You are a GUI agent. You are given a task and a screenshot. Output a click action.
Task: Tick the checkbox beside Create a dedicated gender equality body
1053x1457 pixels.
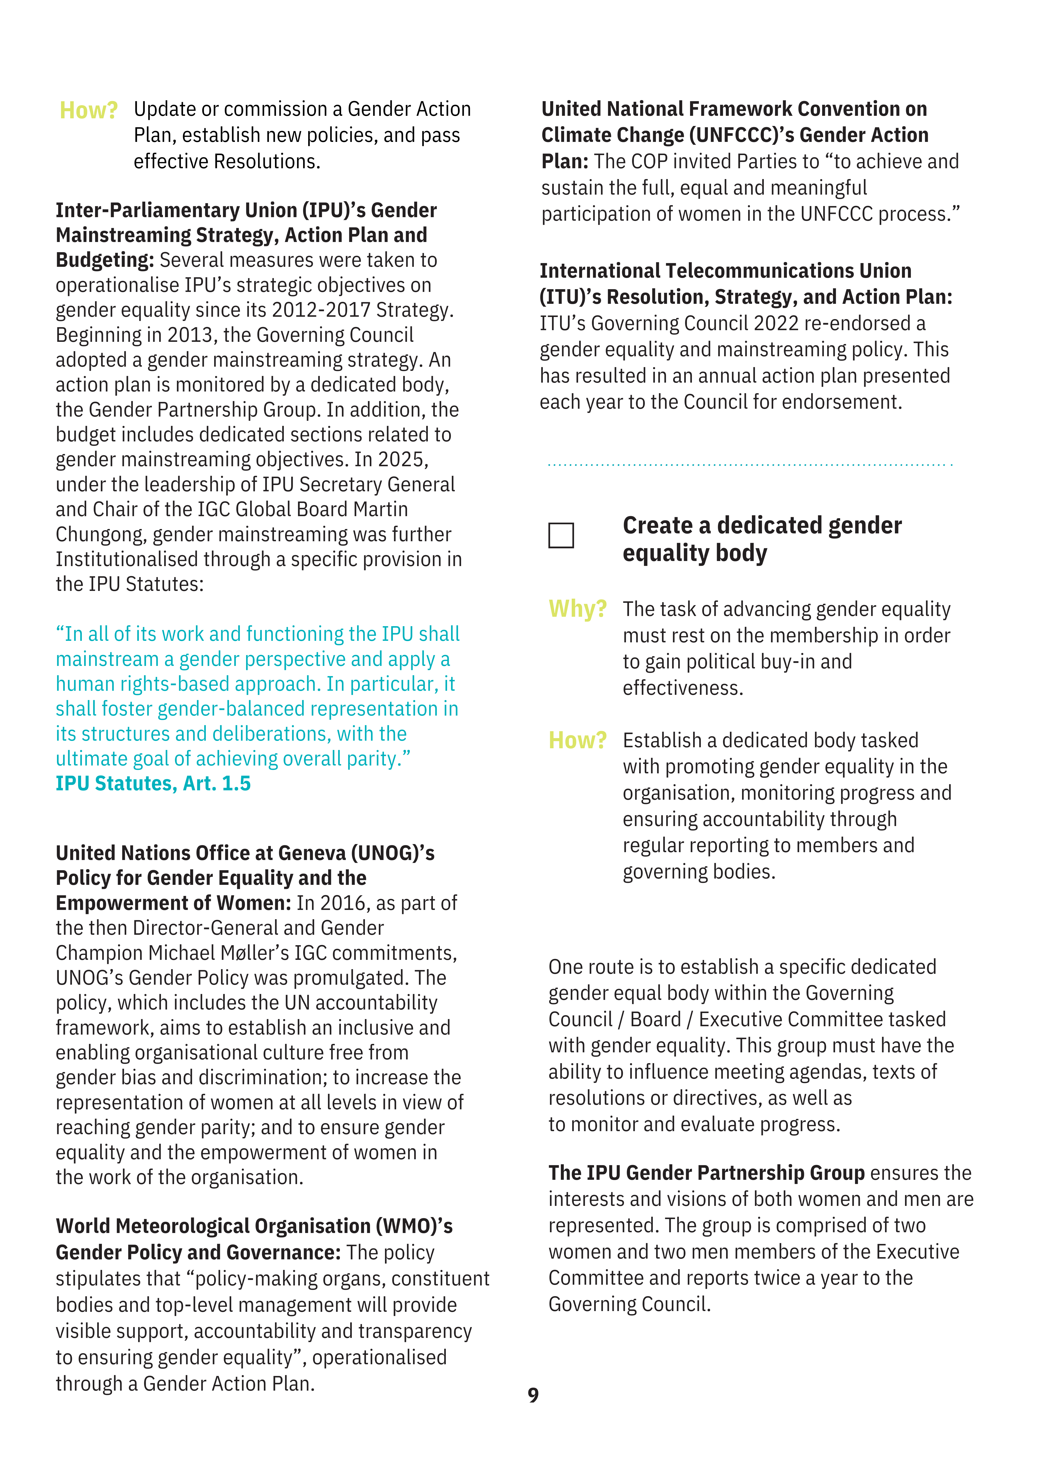pyautogui.click(x=561, y=535)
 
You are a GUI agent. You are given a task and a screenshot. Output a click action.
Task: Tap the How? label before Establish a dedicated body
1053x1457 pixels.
pyautogui.click(x=577, y=740)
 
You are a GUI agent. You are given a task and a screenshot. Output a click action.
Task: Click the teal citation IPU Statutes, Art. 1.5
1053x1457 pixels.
pyautogui.click(x=153, y=784)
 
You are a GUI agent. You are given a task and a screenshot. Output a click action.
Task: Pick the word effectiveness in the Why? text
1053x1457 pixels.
pyautogui.click(x=682, y=688)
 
